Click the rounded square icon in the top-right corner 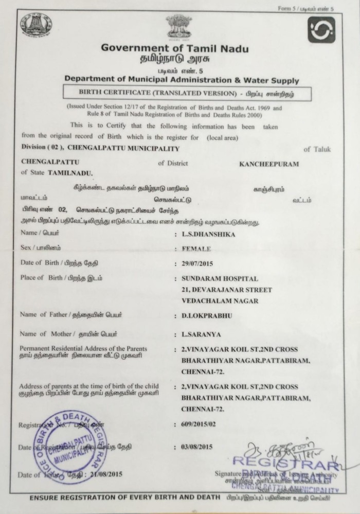point(321,29)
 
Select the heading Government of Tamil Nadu point(174,48)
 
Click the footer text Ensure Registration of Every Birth point(126,499)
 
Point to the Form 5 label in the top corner point(312,8)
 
